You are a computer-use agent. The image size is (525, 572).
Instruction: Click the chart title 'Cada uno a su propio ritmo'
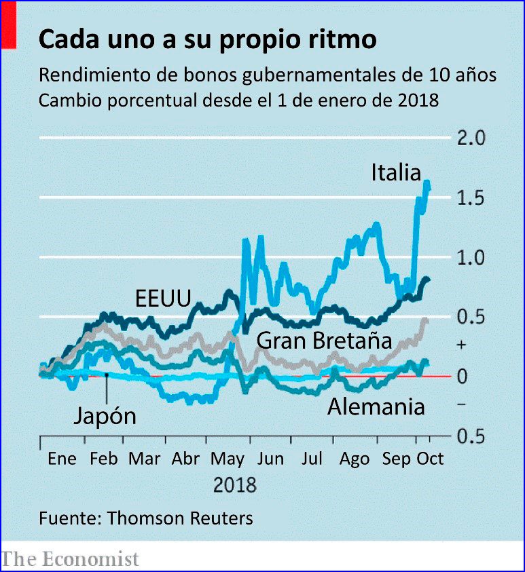tap(207, 40)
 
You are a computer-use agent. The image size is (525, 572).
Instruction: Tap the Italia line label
tap(396, 173)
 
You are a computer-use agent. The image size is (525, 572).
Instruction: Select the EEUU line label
tap(163, 297)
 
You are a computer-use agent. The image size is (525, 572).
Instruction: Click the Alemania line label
tap(376, 407)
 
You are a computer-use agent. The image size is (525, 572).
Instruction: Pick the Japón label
tap(105, 415)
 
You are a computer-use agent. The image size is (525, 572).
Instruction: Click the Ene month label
tap(62, 459)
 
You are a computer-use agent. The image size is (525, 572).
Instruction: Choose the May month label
tap(228, 459)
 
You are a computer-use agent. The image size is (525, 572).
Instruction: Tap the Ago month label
tap(354, 459)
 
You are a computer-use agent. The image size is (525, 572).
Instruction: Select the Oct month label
tap(430, 459)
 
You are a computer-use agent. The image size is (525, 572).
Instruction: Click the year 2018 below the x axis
tap(235, 486)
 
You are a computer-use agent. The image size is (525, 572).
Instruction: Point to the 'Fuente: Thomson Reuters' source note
tap(146, 518)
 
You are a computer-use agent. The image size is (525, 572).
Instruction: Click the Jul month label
tap(312, 459)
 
